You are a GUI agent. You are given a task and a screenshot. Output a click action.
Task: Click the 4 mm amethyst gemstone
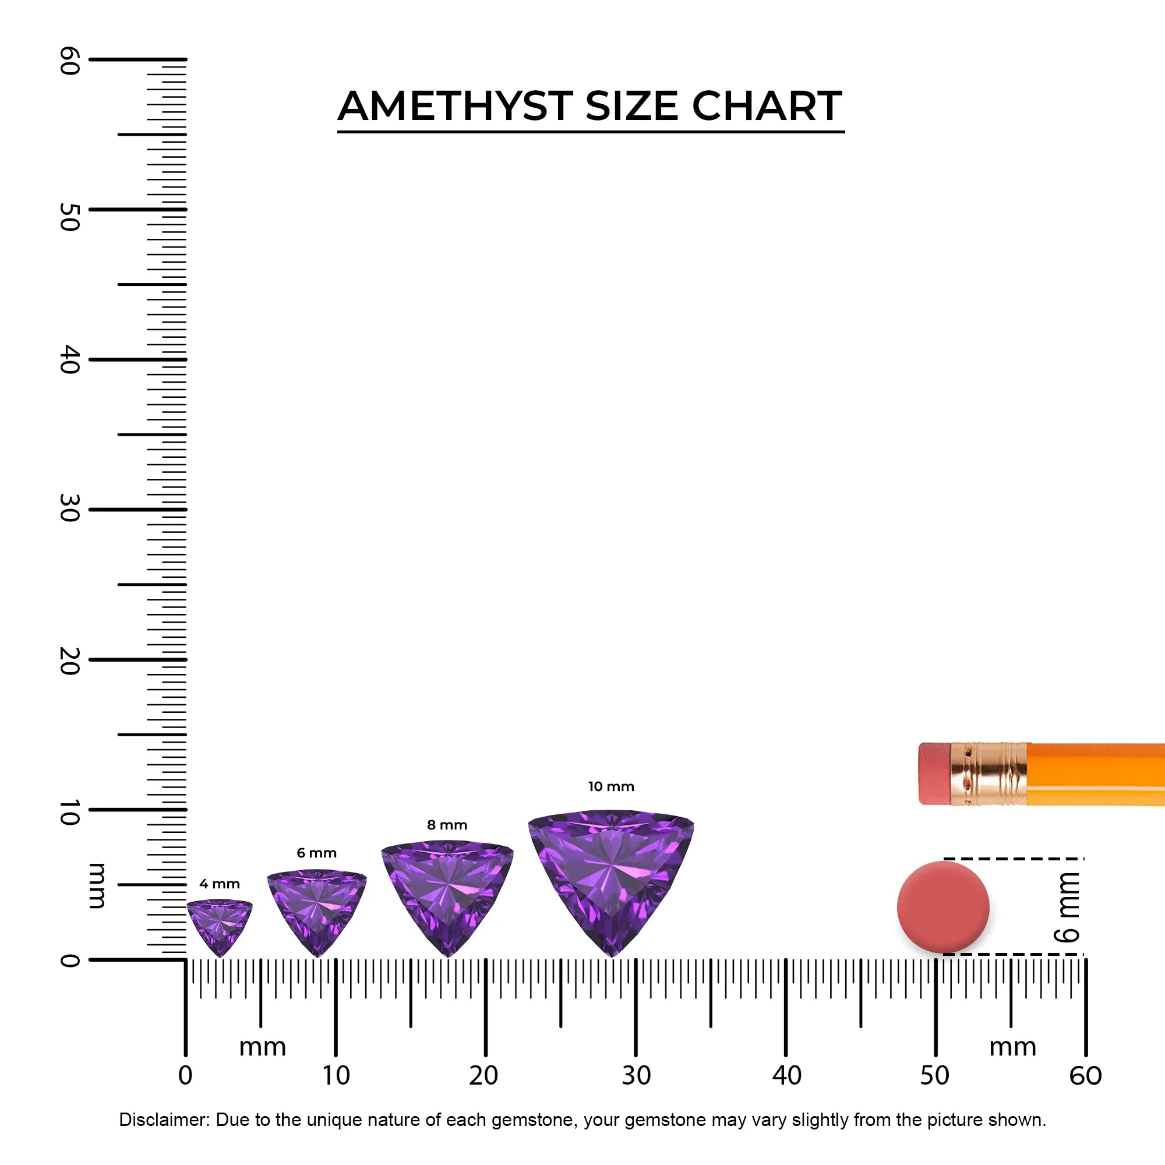220,922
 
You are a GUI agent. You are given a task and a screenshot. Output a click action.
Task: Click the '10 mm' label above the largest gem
611,787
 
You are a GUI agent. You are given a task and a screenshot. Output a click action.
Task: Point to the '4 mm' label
220,884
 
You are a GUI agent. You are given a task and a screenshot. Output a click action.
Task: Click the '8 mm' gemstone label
447,825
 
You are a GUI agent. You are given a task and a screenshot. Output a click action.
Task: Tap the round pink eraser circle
943,907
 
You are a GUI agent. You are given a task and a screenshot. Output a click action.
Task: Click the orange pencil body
1095,774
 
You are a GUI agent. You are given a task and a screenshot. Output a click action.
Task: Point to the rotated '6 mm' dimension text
1067,908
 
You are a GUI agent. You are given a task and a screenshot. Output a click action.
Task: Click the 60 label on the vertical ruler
70,61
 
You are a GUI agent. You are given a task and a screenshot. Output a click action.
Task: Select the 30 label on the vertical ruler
70,509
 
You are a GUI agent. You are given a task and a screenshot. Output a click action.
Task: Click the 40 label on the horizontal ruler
786,1076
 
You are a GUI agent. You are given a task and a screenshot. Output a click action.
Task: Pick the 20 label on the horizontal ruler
483,1076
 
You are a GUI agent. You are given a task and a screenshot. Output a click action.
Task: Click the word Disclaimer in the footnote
164,1120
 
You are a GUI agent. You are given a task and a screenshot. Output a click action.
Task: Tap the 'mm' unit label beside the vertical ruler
97,886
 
